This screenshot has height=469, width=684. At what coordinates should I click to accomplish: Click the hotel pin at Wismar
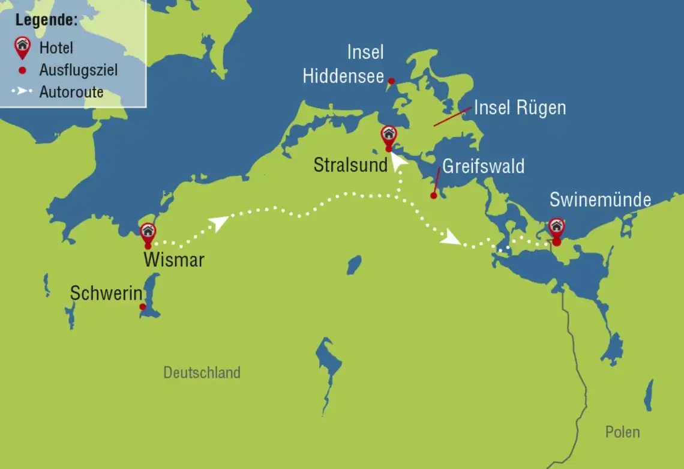point(148,232)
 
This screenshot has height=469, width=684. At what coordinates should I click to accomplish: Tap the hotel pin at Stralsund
point(389,135)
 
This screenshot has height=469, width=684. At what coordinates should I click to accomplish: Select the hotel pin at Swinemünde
point(557,227)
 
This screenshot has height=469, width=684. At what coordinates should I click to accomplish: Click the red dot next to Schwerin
point(143,307)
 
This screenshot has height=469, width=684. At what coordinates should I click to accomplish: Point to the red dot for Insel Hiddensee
point(391,80)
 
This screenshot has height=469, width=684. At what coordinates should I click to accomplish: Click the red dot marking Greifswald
point(433,195)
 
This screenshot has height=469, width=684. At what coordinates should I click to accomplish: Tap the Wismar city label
point(174,260)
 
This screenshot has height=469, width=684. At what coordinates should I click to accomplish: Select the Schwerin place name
point(106,294)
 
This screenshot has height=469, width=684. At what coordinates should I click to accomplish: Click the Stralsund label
point(350,165)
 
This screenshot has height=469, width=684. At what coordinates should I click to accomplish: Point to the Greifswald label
point(483,166)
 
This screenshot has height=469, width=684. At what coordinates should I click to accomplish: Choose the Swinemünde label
point(600,199)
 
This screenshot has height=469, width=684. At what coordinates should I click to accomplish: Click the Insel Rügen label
point(520,108)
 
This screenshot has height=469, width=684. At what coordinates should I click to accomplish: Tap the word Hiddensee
point(343,76)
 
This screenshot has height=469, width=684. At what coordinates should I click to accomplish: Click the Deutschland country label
point(202,372)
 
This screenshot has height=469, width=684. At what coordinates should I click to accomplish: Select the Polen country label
point(622,432)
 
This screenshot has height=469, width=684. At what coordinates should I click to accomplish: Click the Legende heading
point(46,20)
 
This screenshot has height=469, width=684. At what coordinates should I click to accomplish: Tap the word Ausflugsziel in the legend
point(79,70)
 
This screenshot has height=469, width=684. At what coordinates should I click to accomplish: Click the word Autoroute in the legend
point(71,92)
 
